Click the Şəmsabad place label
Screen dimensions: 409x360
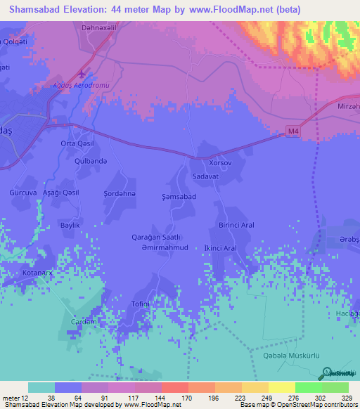179,197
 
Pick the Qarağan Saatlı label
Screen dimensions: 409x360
157,237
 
